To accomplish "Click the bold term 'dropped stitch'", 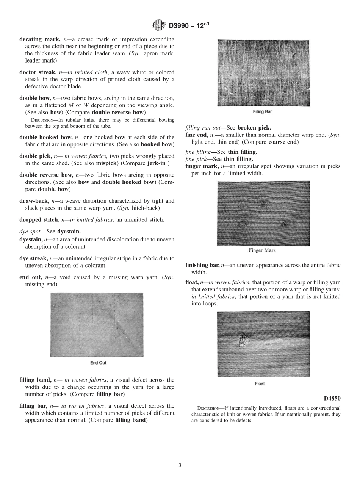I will point(39,219).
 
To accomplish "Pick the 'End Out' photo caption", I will point(98,363).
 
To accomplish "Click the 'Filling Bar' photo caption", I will point(262,112).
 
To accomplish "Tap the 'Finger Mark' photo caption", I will point(262,250).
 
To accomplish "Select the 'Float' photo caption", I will point(260,383).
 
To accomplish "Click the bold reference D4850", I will point(332,398).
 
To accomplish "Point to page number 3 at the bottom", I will point(180,465).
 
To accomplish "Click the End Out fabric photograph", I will point(97,324).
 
